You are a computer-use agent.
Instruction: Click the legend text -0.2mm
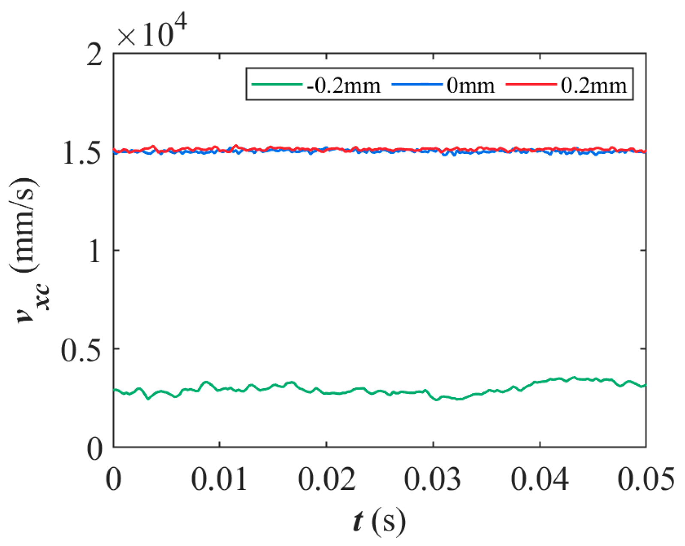pos(344,85)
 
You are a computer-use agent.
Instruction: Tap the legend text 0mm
pos(471,85)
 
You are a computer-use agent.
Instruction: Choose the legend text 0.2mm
pos(594,85)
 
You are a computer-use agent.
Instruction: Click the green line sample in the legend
pos(276,84)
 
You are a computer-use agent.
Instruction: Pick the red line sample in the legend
pos(531,84)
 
